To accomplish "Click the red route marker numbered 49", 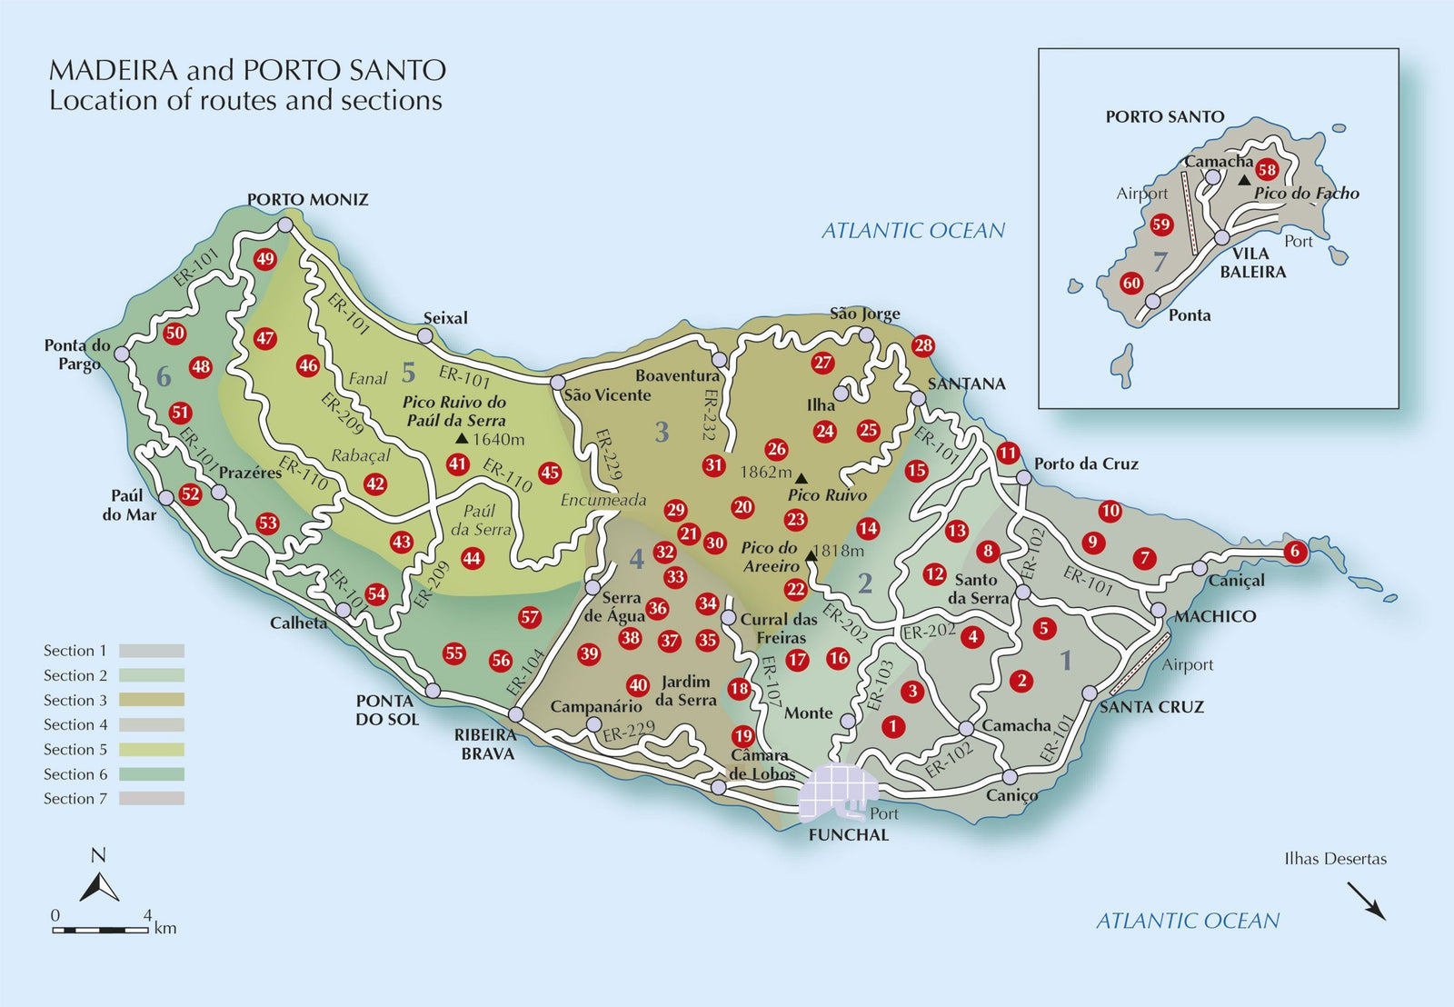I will (x=264, y=259).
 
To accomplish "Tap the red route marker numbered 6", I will (x=1295, y=551).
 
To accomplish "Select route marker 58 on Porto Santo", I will (x=1267, y=170).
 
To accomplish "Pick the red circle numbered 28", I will (x=923, y=345).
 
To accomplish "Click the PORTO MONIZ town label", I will (x=307, y=200).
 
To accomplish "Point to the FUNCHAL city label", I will (x=848, y=834).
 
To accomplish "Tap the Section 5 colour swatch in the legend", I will (x=151, y=750).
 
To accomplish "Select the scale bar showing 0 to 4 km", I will (x=100, y=930).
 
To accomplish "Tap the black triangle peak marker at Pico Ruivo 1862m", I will (x=802, y=478).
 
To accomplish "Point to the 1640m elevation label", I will (x=498, y=440).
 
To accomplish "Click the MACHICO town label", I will (x=1214, y=616).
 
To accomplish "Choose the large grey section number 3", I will (x=662, y=432).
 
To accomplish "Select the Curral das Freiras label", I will (x=778, y=628).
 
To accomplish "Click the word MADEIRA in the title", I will (x=114, y=70).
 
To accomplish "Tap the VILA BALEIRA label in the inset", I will (x=1252, y=263).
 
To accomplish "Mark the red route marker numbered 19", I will (x=743, y=735).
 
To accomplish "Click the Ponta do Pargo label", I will (x=78, y=354).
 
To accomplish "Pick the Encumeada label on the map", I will (x=603, y=500).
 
